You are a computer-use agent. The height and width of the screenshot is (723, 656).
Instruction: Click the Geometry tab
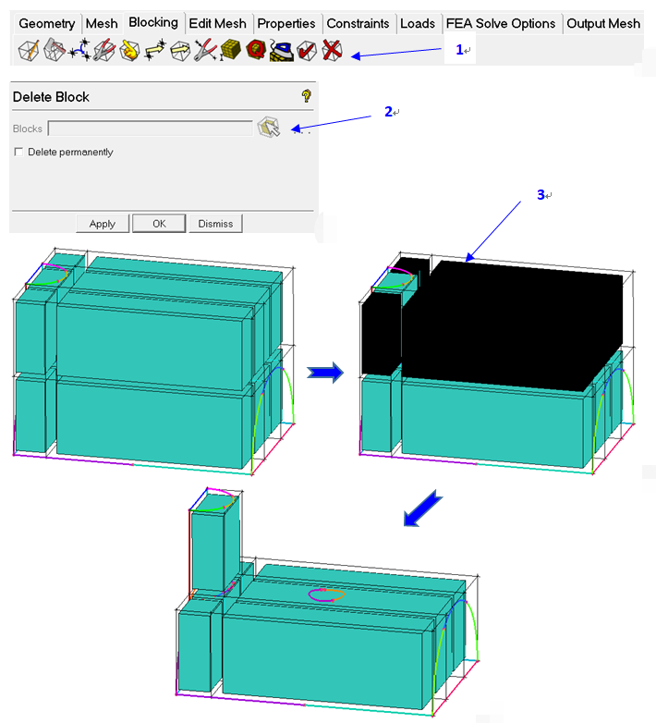pyautogui.click(x=46, y=23)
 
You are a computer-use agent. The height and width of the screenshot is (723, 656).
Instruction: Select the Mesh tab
pyautogui.click(x=102, y=23)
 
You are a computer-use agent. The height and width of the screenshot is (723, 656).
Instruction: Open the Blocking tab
pyautogui.click(x=153, y=22)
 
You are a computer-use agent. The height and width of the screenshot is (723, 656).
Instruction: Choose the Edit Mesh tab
pyautogui.click(x=217, y=23)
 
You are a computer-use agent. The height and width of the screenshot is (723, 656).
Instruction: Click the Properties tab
pyautogui.click(x=286, y=23)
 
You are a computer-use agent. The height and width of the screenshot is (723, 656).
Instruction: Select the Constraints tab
pyautogui.click(x=358, y=23)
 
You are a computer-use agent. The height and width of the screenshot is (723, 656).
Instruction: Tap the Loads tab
pyautogui.click(x=418, y=23)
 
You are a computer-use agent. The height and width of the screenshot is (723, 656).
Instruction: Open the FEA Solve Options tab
pyautogui.click(x=501, y=23)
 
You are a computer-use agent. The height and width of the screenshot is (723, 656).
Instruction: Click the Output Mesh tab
pyautogui.click(x=603, y=23)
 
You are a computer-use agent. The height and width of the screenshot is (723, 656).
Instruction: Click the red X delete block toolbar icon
pyautogui.click(x=332, y=50)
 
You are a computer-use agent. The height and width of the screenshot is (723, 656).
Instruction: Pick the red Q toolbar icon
pyautogui.click(x=256, y=50)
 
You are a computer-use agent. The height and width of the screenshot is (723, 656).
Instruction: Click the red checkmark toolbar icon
pyautogui.click(x=307, y=50)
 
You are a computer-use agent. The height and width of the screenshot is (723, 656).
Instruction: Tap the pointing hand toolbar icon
pyautogui.click(x=129, y=50)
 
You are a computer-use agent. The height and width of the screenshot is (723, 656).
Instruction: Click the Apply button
pyautogui.click(x=103, y=224)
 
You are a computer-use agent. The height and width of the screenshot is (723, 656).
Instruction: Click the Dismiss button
pyautogui.click(x=215, y=224)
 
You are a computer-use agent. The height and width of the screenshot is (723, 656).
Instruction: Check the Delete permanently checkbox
pyautogui.click(x=18, y=152)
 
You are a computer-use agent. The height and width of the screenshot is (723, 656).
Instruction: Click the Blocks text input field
pyautogui.click(x=151, y=129)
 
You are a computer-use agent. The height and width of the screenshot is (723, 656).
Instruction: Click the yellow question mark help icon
pyautogui.click(x=307, y=96)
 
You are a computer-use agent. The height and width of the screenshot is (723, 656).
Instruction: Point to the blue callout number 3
pyautogui.click(x=541, y=194)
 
